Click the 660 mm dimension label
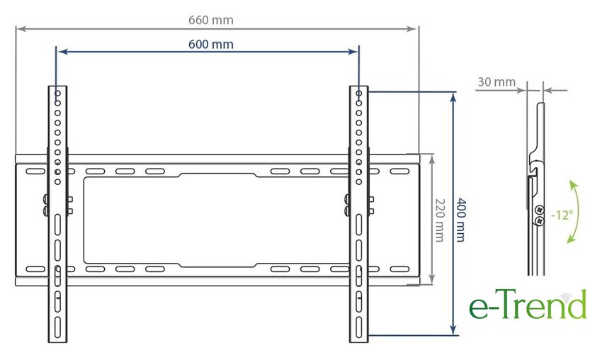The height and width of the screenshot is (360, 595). (211, 20)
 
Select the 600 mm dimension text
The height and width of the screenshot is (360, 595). (211, 45)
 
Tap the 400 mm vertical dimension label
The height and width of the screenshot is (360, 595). (460, 220)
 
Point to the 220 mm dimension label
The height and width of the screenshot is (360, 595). (439, 220)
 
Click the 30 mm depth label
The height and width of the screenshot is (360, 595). (497, 81)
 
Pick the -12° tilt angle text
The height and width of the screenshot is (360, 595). (562, 215)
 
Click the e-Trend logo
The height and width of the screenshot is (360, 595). (528, 304)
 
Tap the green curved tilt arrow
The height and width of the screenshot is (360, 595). (576, 212)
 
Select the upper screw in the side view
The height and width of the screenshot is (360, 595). (539, 210)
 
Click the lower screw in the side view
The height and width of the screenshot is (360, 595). (539, 221)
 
